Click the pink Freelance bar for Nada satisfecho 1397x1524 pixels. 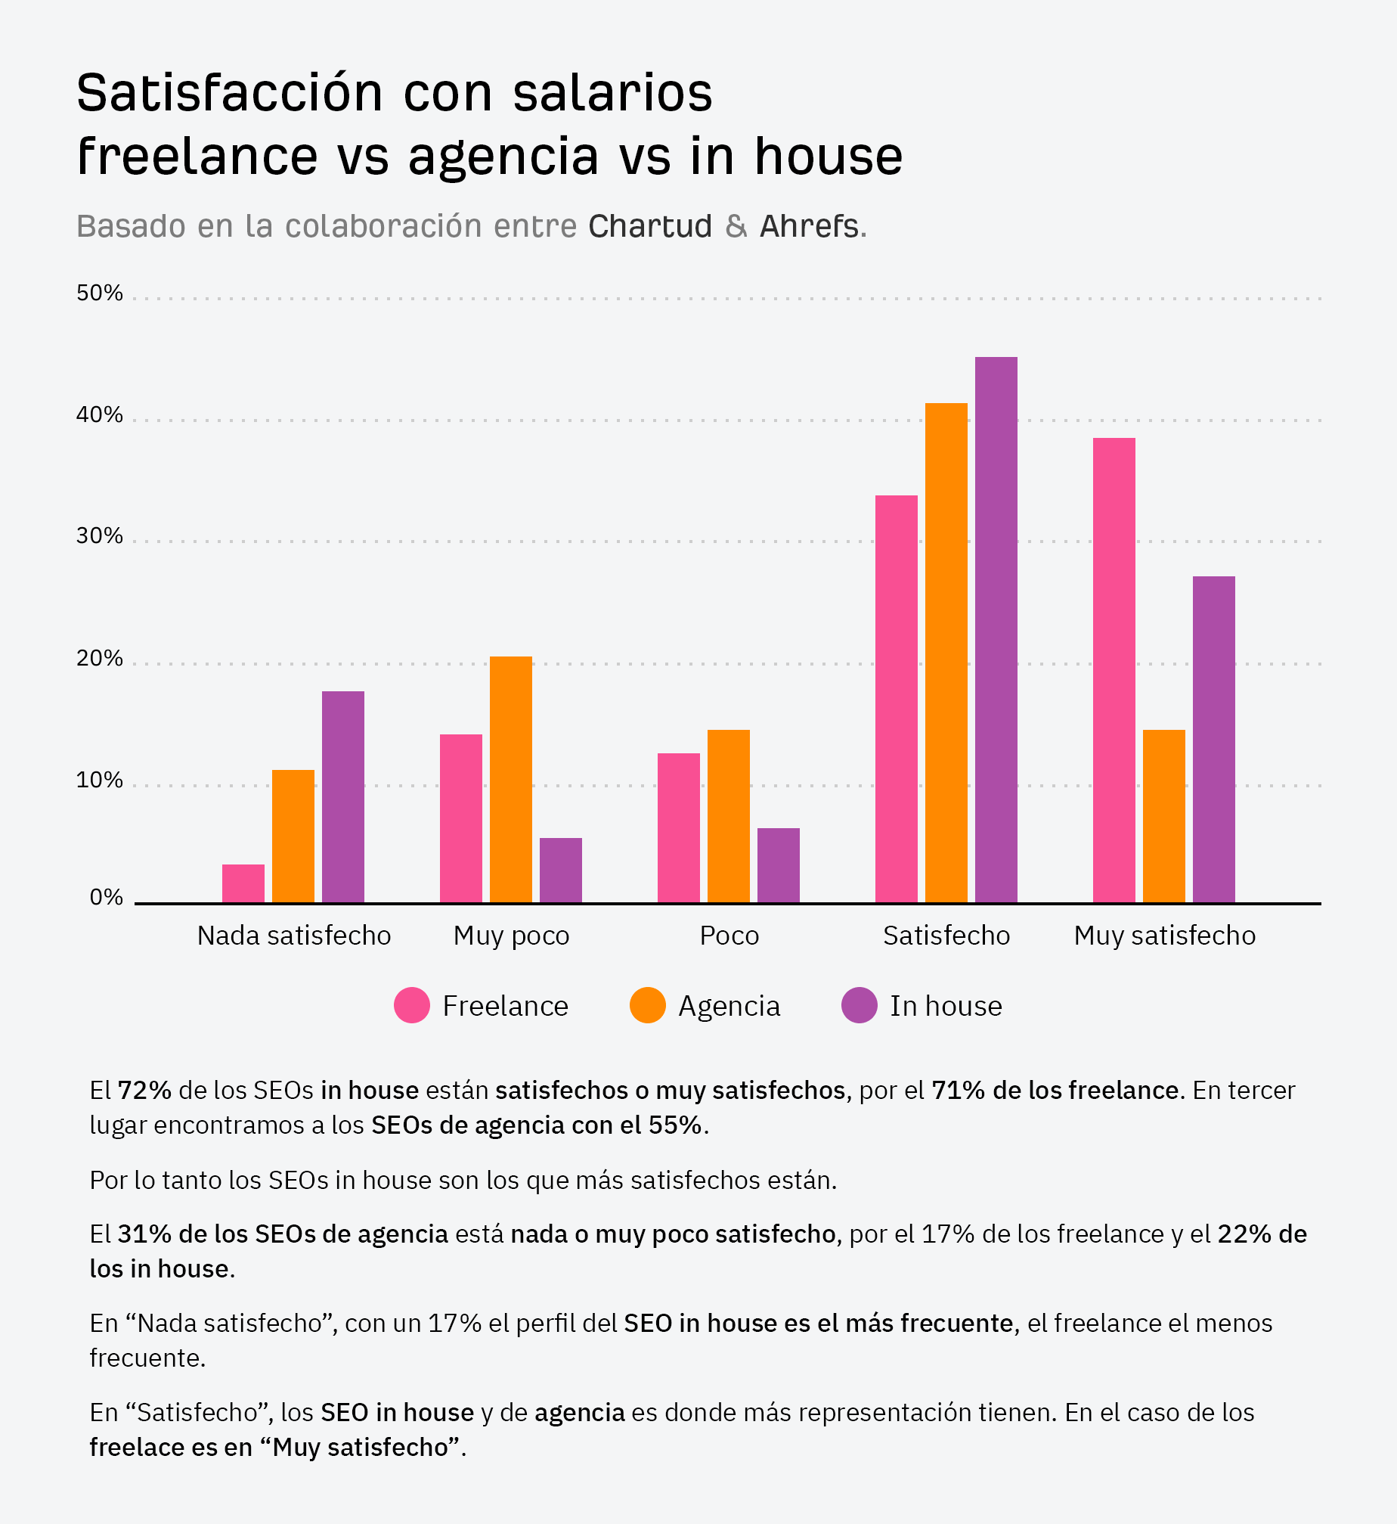pos(243,883)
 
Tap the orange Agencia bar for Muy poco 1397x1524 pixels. pos(511,779)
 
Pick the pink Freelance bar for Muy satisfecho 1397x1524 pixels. pos(1114,669)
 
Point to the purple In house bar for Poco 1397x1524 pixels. pos(778,865)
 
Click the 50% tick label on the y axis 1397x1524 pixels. pos(99,293)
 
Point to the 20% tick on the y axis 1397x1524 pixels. pos(99,659)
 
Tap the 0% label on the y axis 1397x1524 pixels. pos(106,898)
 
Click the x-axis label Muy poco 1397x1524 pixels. pos(511,936)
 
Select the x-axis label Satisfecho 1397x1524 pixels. pos(946,936)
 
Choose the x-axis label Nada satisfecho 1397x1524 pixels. pos(294,936)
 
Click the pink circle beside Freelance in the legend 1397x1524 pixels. pos(412,1006)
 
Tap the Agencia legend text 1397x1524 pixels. pos(729,1007)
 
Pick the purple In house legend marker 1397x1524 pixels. pos(859,1006)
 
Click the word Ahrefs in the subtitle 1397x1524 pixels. pos(809,227)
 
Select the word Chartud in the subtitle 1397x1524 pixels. pos(650,227)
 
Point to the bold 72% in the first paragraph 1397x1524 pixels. pos(145,1091)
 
